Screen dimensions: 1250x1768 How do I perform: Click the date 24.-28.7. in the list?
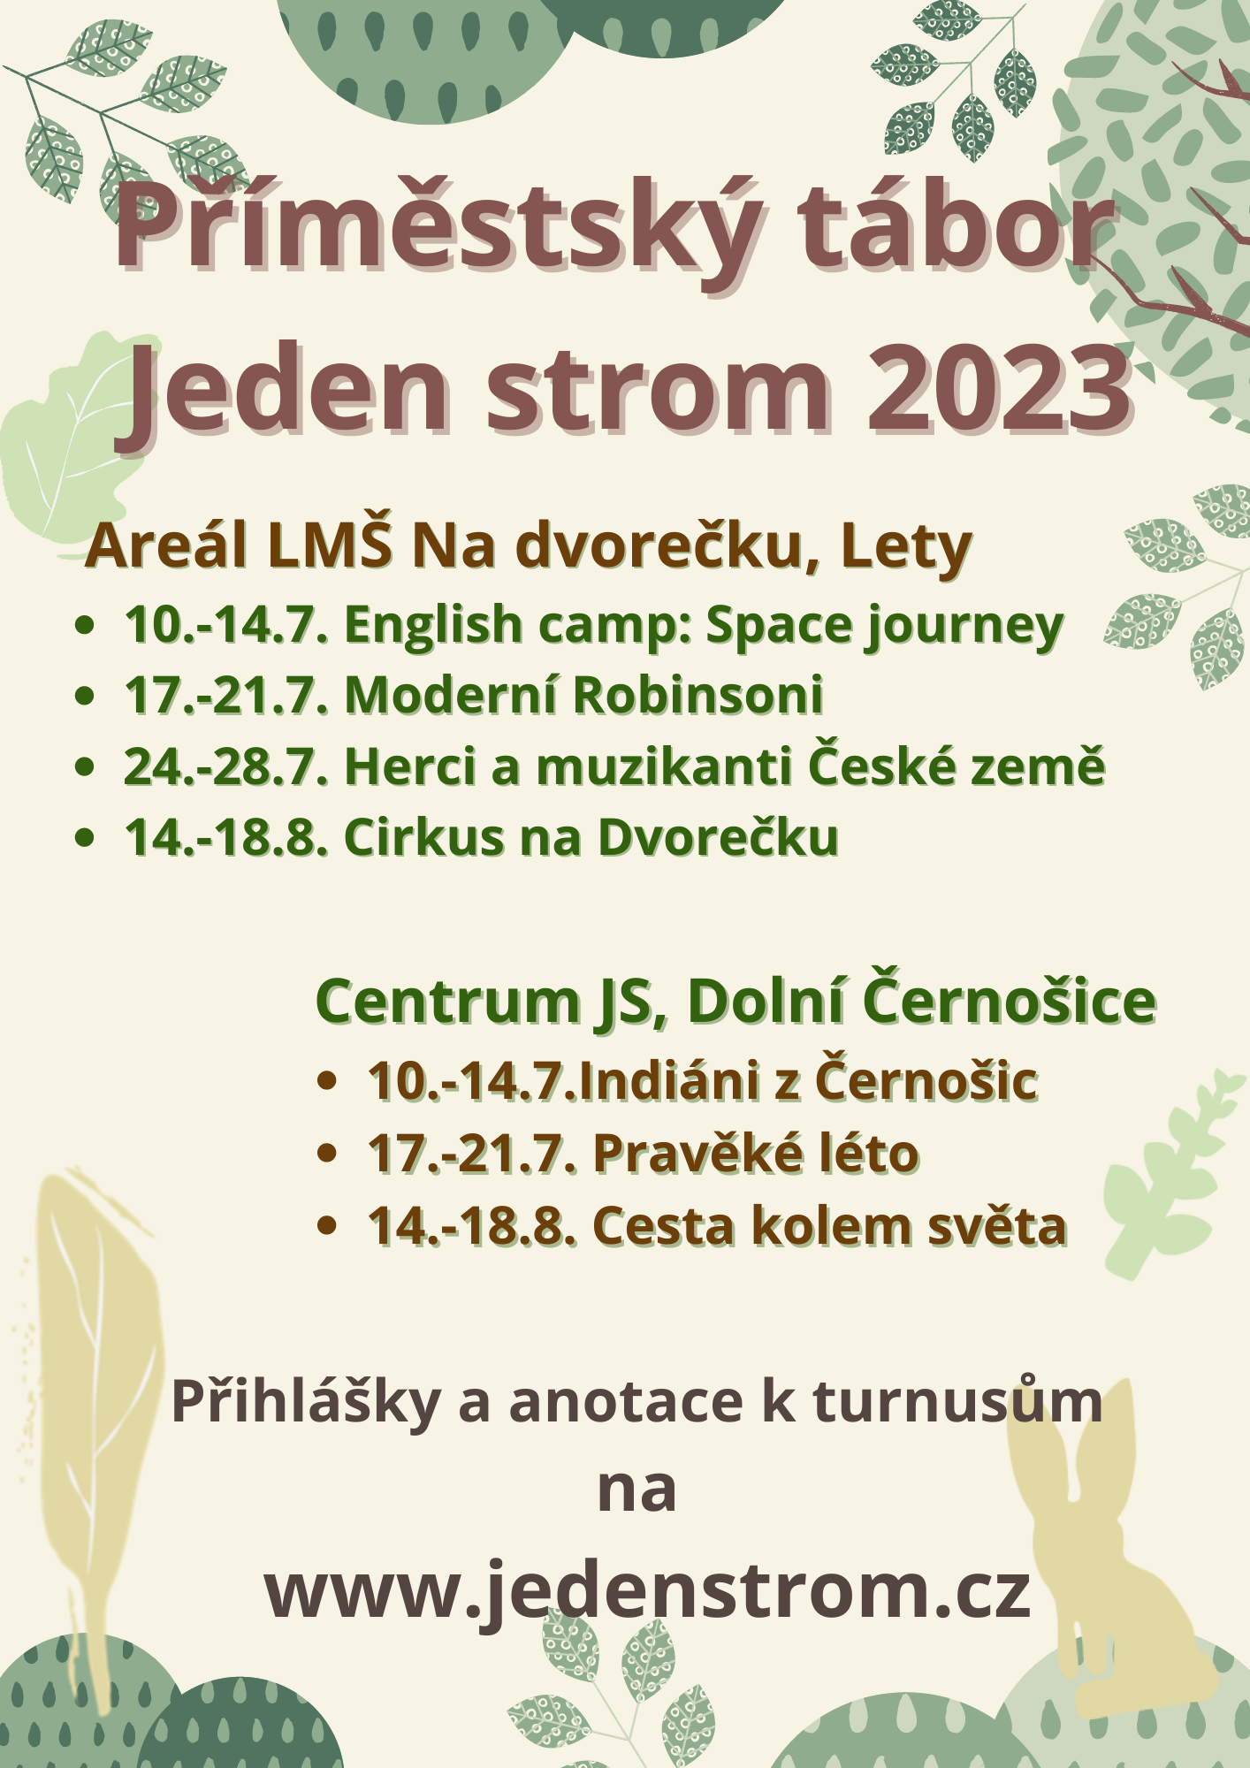226,766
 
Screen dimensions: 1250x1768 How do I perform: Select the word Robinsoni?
698,695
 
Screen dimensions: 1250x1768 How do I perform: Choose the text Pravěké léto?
756,1154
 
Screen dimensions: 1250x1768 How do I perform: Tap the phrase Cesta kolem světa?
829,1227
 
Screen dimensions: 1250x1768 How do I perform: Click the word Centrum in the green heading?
447,1002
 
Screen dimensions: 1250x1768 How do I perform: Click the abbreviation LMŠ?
330,545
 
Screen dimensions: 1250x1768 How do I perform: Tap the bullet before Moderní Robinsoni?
85,696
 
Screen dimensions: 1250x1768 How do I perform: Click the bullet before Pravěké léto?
327,1154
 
